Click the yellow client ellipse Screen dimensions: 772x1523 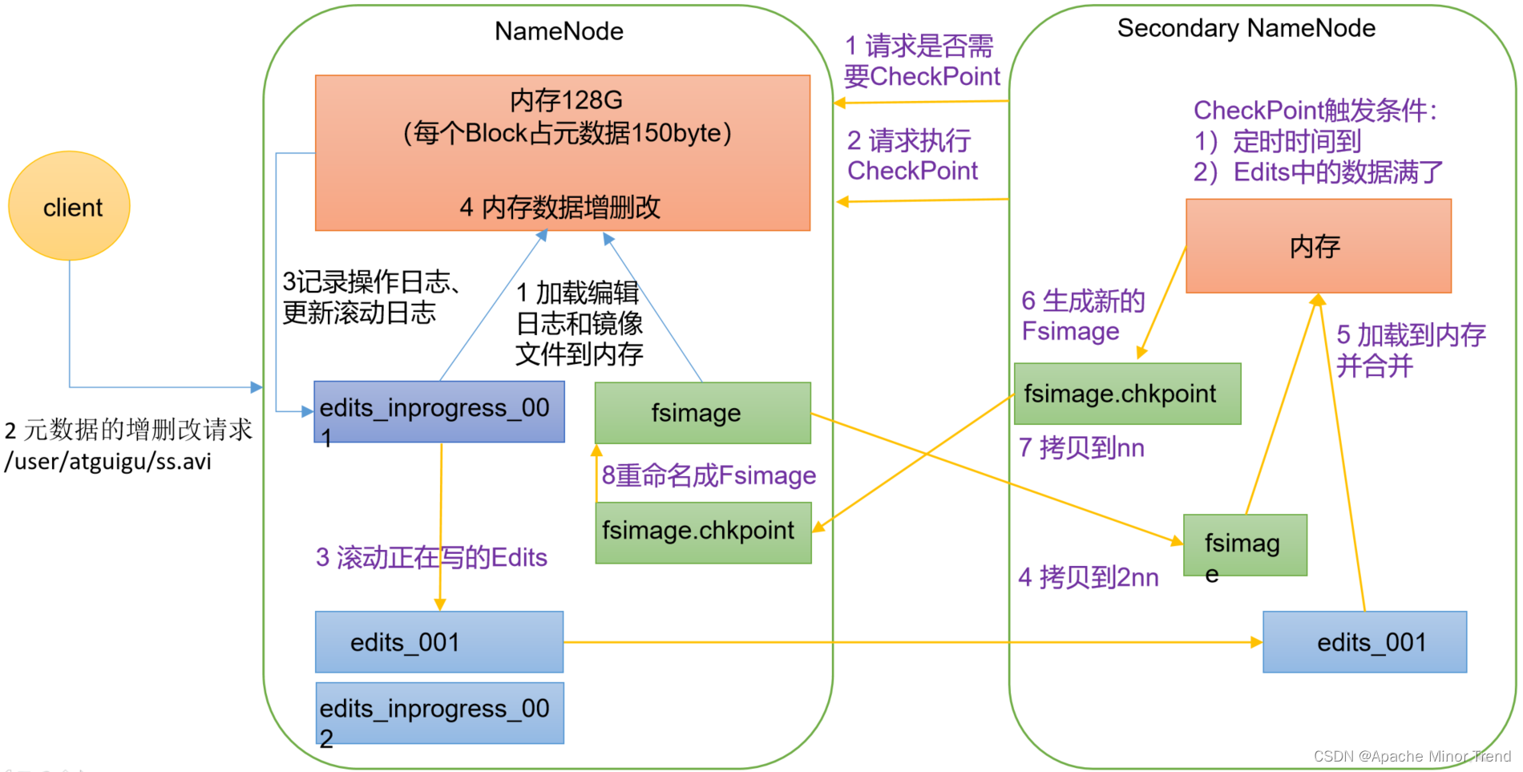coord(70,206)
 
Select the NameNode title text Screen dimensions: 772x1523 coord(559,31)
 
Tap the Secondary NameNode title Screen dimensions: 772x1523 coord(1246,28)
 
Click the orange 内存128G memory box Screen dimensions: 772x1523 coord(563,152)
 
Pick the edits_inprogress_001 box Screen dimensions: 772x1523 coord(438,411)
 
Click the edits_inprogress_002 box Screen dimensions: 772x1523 coord(439,713)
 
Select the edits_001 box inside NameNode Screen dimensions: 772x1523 coord(439,642)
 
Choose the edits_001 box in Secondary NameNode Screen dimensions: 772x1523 coord(1364,642)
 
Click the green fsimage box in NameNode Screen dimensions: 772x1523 coord(702,413)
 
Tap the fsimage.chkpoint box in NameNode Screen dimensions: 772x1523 coord(703,532)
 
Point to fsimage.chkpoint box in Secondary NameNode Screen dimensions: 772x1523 coord(1127,394)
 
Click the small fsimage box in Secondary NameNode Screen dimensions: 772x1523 coord(1244,545)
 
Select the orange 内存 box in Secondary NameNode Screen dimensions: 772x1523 coord(1318,246)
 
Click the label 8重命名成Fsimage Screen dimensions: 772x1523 coord(709,475)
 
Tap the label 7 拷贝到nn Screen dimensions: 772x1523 coord(1081,447)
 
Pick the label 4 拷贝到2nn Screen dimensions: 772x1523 coord(1088,577)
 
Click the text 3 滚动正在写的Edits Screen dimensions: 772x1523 coord(431,557)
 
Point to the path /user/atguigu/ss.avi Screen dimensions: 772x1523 coord(108,462)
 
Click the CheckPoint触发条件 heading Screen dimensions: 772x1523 coord(1315,110)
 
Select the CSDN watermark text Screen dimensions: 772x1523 coord(1412,756)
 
